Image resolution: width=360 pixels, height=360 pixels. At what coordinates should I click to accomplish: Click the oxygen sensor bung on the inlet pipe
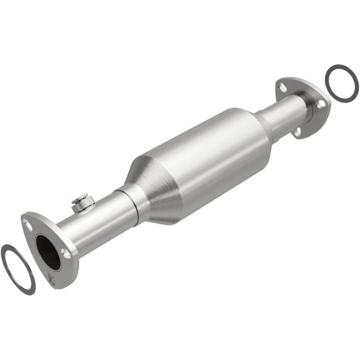(82, 203)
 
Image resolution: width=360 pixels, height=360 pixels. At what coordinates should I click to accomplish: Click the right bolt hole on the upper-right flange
(321, 103)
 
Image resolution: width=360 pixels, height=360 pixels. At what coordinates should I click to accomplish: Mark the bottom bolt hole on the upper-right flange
(298, 132)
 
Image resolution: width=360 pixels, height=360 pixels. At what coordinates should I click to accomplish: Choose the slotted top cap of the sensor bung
(82, 197)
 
